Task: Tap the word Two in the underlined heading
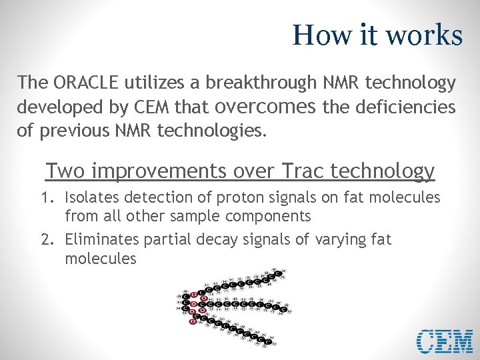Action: point(65,171)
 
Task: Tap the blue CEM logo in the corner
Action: point(445,341)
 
